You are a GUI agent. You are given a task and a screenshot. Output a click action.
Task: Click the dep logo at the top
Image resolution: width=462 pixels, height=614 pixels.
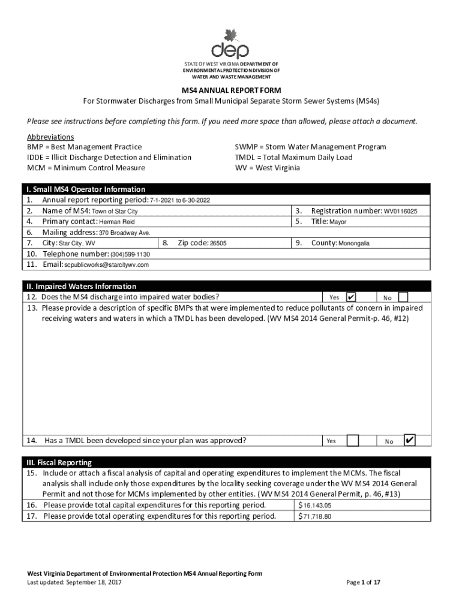[x=230, y=44]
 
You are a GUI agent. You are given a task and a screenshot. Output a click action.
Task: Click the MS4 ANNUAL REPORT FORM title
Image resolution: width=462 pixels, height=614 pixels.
[x=231, y=91]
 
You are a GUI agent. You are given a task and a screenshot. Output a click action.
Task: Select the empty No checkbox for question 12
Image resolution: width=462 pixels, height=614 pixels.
[x=403, y=297]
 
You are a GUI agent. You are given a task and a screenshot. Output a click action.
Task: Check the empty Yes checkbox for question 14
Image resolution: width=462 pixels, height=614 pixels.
[x=353, y=441]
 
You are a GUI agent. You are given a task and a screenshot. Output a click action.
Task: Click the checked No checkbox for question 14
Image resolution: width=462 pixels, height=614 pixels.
[x=409, y=441]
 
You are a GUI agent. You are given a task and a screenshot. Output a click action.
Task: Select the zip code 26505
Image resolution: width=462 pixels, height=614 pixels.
[x=214, y=243]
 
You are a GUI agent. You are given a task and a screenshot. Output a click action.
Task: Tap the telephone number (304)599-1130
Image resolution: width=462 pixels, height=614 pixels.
[x=125, y=254]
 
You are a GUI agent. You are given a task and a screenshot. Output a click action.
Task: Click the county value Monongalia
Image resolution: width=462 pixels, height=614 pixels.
[x=354, y=243]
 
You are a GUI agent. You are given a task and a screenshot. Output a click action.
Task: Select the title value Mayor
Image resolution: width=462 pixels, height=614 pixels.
[x=338, y=222]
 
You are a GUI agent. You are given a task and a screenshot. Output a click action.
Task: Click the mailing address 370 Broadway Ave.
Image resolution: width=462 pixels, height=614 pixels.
[x=124, y=233]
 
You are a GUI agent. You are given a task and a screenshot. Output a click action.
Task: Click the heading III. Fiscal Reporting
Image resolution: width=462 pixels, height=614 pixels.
[x=59, y=463]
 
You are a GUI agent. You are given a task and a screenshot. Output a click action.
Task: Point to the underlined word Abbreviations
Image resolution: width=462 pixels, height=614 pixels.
[x=50, y=137]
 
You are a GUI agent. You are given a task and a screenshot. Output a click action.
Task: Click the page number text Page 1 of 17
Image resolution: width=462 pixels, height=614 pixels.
[x=364, y=582]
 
